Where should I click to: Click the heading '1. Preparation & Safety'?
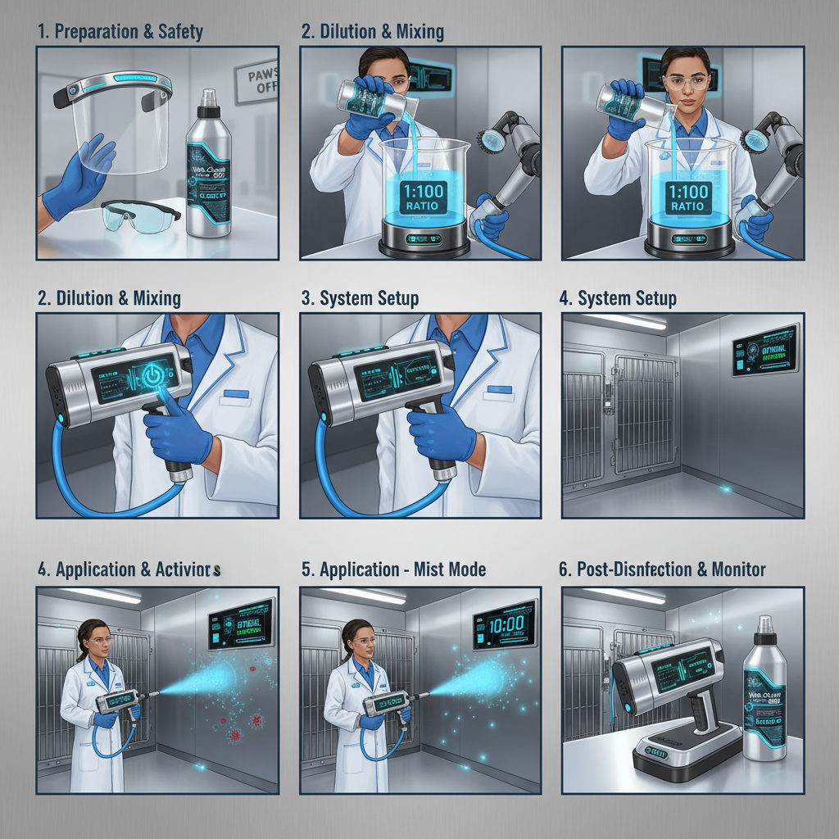120,33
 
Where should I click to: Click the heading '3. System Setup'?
360,298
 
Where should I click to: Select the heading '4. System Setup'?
618,298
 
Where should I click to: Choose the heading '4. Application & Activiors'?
129,569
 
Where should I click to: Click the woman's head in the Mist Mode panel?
356,635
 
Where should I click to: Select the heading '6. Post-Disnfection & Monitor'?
662,569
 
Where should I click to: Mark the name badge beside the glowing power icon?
237,393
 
